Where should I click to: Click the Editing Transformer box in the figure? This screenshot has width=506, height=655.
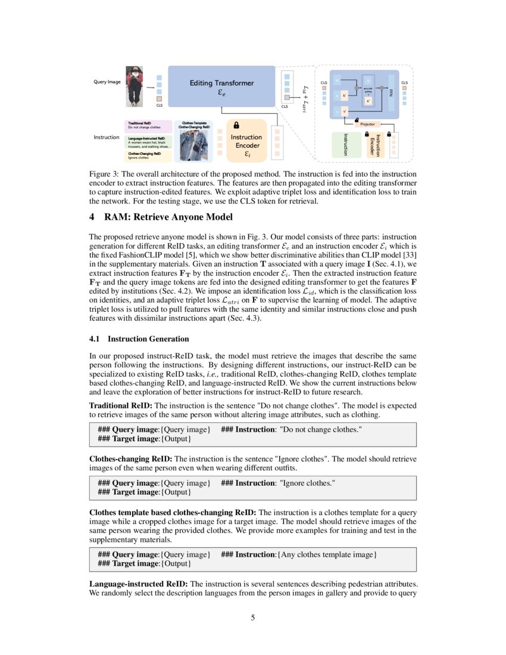pyautogui.click(x=221, y=87)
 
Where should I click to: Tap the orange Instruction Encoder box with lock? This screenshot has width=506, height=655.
pyautogui.click(x=246, y=143)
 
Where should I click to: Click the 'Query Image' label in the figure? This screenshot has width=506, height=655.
pyautogui.click(x=107, y=82)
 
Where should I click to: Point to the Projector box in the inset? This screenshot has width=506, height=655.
pyautogui.click(x=367, y=124)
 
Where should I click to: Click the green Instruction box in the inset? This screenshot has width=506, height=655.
pyautogui.click(x=345, y=145)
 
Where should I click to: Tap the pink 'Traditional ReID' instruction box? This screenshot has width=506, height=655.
pyautogui.click(x=149, y=124)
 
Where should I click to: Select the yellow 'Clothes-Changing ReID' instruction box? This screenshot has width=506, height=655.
pyautogui.click(x=149, y=156)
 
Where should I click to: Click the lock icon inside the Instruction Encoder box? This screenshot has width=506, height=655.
pyautogui.click(x=236, y=125)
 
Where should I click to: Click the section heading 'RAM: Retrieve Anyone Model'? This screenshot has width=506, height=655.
pyautogui.click(x=161, y=216)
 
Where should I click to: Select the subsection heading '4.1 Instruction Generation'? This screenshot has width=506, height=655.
pyautogui.click(x=139, y=339)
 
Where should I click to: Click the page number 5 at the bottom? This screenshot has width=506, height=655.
pyautogui.click(x=253, y=617)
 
